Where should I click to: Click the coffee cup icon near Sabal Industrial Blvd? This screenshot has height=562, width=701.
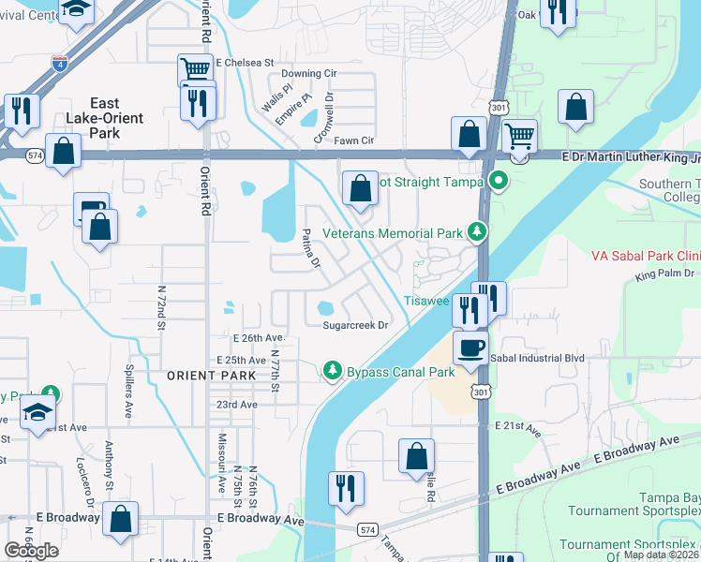[x=470, y=348]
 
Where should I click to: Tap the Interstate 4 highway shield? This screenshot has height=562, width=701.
[x=59, y=65]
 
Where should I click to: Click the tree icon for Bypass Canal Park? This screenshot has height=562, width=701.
[x=331, y=372]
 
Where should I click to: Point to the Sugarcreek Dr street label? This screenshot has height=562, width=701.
[x=355, y=326]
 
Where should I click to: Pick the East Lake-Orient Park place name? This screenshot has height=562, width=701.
[x=104, y=118]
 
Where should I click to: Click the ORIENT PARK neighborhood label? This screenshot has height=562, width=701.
[x=211, y=376]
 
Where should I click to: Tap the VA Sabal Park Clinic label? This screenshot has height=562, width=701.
[x=646, y=256]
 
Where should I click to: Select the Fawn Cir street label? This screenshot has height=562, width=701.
[x=355, y=140]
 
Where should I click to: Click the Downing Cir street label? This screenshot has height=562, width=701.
[x=308, y=73]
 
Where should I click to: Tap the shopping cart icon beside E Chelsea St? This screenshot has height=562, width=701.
[x=195, y=70]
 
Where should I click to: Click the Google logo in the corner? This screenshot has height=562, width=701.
[x=31, y=550]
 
